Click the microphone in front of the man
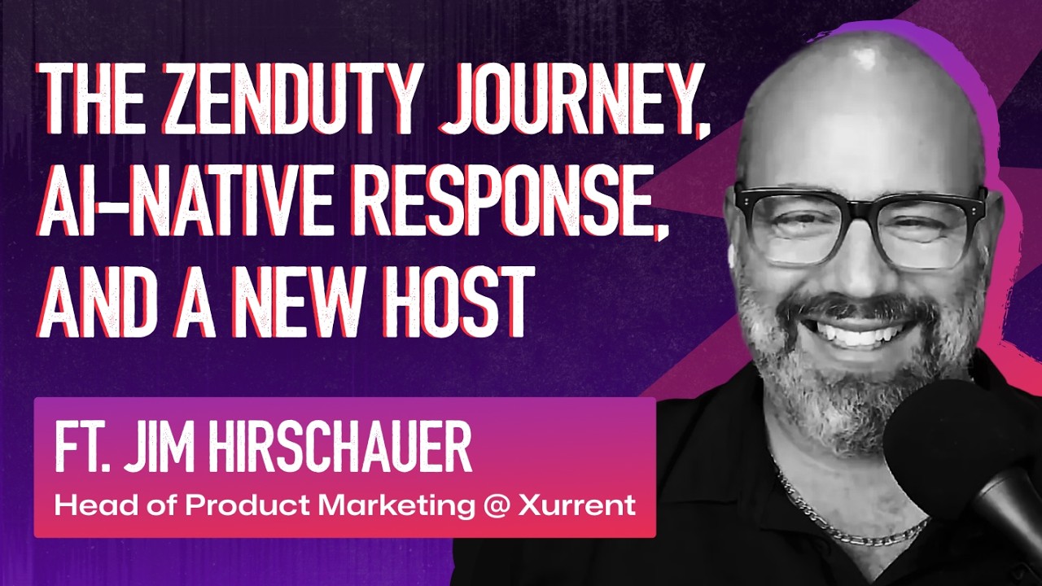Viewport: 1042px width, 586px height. [x=969, y=456]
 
